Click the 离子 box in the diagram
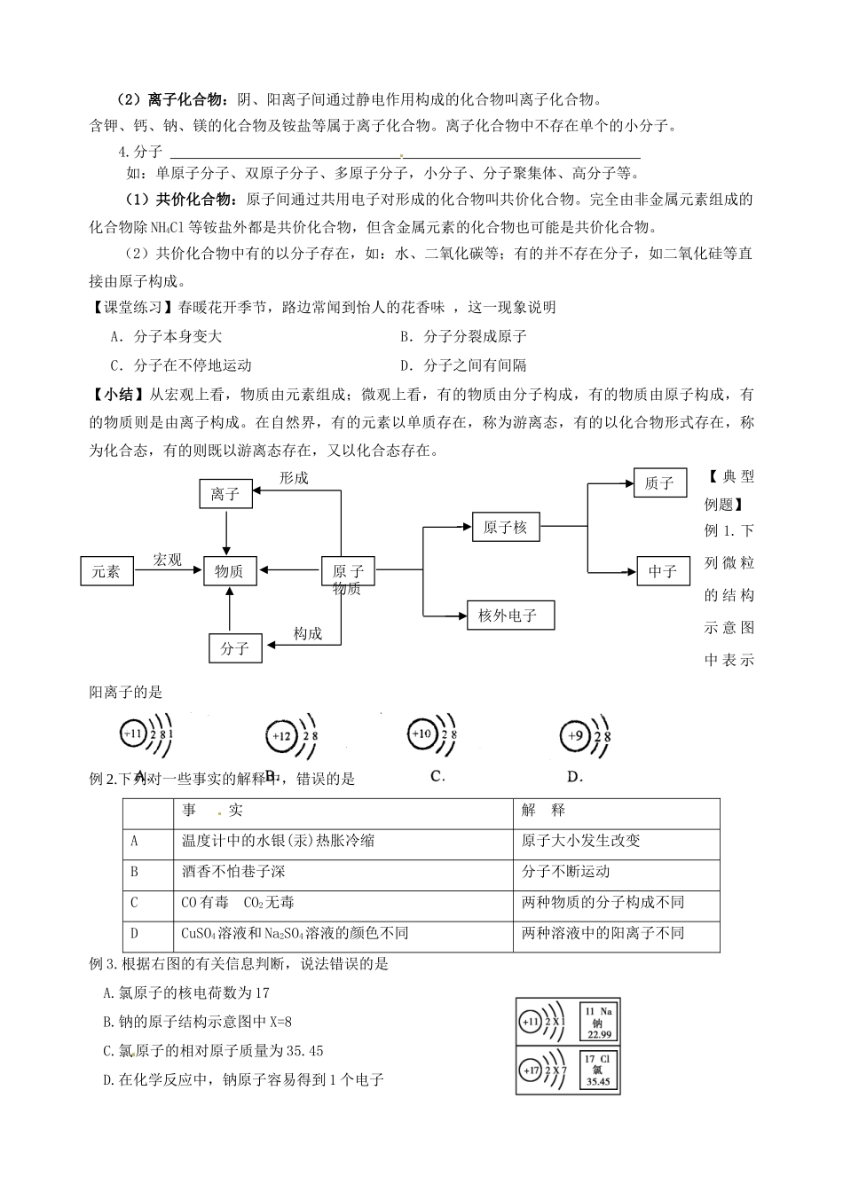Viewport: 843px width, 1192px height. [225, 494]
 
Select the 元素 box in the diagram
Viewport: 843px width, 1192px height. [106, 571]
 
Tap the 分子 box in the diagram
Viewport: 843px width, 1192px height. [234, 648]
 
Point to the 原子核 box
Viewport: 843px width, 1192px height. [505, 527]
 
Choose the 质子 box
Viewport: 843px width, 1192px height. [659, 483]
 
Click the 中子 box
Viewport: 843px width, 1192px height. [662, 571]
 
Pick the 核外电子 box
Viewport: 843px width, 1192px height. [511, 616]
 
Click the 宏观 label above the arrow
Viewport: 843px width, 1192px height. [167, 560]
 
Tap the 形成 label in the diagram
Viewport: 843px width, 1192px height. [294, 478]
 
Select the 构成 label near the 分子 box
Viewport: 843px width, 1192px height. [307, 633]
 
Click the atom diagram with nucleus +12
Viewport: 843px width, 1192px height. [293, 736]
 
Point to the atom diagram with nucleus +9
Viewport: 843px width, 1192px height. [587, 736]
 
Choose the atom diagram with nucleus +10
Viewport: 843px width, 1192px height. [434, 734]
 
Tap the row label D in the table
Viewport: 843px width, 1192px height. [135, 933]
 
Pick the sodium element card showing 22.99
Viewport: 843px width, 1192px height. [599, 1022]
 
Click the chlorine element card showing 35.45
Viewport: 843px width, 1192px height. [599, 1070]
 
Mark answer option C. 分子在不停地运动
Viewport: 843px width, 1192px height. [181, 365]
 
